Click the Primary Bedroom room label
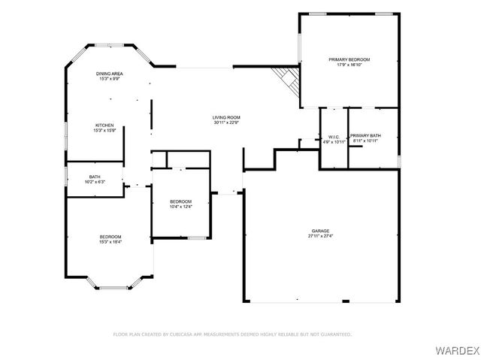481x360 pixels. coord(349,59)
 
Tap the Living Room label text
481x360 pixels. coord(225,118)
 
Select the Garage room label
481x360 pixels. coord(321,231)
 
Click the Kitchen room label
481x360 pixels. coord(104,125)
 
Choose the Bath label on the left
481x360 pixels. coord(95,177)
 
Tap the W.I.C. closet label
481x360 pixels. coord(334,136)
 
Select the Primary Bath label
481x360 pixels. coord(365,136)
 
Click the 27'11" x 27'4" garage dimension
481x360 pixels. coord(321,236)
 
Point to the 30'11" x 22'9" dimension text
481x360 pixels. coord(225,123)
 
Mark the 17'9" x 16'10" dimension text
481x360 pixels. coord(349,65)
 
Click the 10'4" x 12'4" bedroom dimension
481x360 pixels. coord(180,207)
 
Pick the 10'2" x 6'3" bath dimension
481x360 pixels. coord(95,182)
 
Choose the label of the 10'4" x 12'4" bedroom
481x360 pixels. coord(180,201)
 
